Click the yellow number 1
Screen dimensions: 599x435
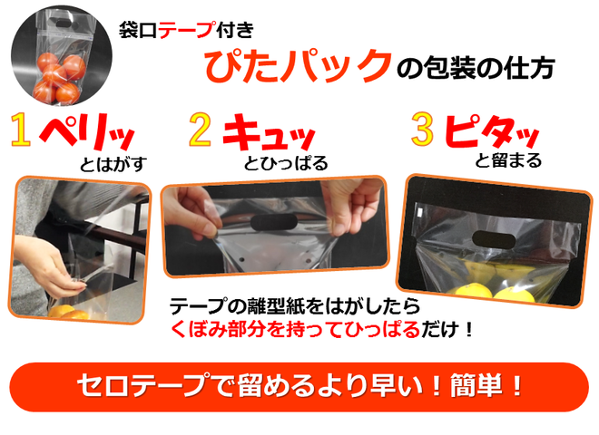coord(21,130)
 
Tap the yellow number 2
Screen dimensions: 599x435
coord(201,130)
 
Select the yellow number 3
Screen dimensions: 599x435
coord(423,130)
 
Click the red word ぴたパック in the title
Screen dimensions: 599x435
coord(299,66)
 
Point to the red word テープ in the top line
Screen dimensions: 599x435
coord(186,30)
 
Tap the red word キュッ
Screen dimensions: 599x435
coord(269,132)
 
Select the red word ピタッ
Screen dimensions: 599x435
coord(492,130)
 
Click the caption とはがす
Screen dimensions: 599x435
coord(113,164)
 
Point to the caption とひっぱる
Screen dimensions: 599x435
coord(286,163)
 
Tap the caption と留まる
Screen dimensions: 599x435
coord(508,160)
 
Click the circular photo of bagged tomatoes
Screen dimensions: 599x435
coord(62,55)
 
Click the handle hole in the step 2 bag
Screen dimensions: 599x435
coord(274,222)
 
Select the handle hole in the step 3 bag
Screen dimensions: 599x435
coord(494,239)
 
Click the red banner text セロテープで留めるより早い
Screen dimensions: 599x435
coord(251,386)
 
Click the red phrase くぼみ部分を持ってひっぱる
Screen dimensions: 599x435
coord(295,329)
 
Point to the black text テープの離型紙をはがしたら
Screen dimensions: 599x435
coord(295,306)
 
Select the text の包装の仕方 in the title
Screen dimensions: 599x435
coord(476,68)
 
